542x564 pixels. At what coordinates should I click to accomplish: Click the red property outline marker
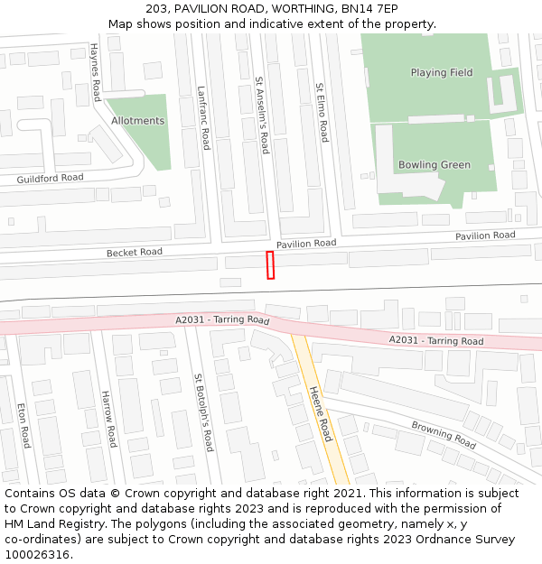pyautogui.click(x=269, y=265)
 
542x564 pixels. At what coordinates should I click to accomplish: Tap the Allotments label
pyautogui.click(x=137, y=121)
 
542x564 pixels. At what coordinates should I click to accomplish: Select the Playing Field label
pyautogui.click(x=441, y=73)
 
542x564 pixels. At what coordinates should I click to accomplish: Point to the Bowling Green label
pyautogui.click(x=435, y=165)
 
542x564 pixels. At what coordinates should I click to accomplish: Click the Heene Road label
pyautogui.click(x=321, y=414)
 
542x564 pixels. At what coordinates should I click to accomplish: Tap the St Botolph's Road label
pyautogui.click(x=202, y=412)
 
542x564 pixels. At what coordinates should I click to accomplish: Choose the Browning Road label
pyautogui.click(x=443, y=434)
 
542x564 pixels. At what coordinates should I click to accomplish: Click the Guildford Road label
pyautogui.click(x=50, y=179)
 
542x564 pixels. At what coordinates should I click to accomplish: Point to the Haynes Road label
pyautogui.click(x=95, y=71)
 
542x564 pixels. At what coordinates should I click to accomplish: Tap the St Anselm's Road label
pyautogui.click(x=261, y=115)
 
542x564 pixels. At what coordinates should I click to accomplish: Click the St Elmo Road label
pyautogui.click(x=322, y=113)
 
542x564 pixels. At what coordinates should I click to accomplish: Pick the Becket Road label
pyautogui.click(x=134, y=253)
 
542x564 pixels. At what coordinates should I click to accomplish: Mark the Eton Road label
pyautogui.click(x=23, y=425)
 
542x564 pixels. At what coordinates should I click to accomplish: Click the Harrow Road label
pyautogui.click(x=108, y=419)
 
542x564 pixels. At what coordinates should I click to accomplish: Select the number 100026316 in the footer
pyautogui.click(x=39, y=554)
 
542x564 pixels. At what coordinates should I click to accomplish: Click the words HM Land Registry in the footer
pyautogui.click(x=47, y=523)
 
